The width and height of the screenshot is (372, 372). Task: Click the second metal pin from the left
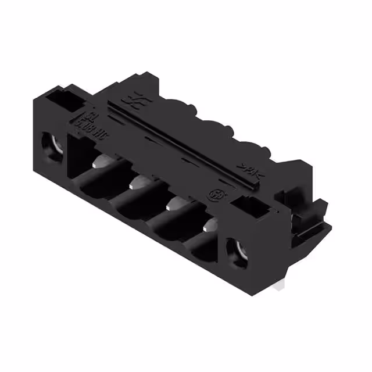click(x=137, y=183)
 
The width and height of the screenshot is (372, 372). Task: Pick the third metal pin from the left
click(x=174, y=203)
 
